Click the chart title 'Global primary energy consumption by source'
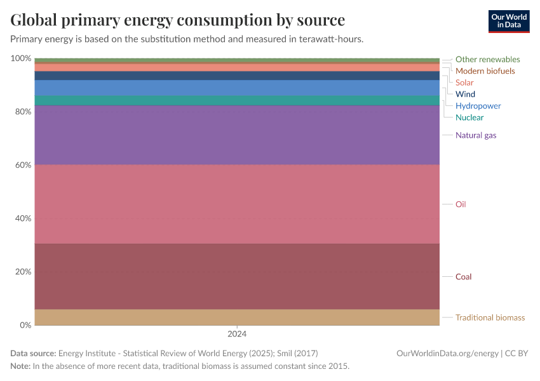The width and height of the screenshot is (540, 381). [178, 20]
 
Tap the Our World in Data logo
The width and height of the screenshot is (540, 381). [508, 21]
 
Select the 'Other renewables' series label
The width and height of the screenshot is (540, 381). [487, 60]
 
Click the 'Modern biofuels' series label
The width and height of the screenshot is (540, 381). [485, 71]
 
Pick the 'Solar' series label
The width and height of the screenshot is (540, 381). [464, 83]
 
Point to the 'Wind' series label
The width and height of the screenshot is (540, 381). [465, 94]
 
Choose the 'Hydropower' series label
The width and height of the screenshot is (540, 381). [478, 106]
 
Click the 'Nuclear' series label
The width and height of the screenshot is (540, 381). [469, 117]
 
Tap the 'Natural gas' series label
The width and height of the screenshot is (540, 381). [476, 135]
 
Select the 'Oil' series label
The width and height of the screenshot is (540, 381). [461, 204]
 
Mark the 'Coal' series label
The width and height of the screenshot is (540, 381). [463, 277]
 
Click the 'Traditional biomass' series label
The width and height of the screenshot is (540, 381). [490, 317]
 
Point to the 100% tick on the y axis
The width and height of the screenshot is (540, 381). [20, 58]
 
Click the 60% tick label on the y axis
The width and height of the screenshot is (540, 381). [22, 165]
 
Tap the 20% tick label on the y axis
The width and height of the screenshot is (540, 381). [22, 272]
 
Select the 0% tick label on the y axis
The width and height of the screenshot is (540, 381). [24, 325]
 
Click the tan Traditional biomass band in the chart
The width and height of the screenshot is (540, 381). [237, 317]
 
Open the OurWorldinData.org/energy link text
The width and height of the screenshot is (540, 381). [447, 353]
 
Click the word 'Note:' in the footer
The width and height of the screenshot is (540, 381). [20, 366]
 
